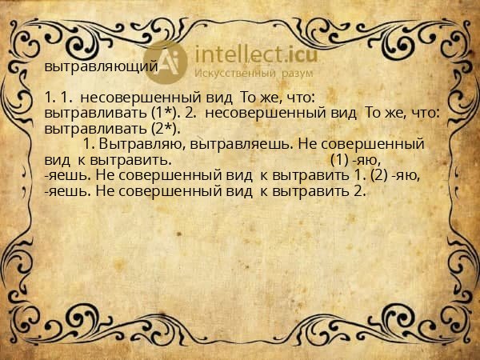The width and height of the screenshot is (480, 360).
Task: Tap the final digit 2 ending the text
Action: coord(362,190)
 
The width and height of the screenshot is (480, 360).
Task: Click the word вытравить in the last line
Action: coord(310,190)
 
